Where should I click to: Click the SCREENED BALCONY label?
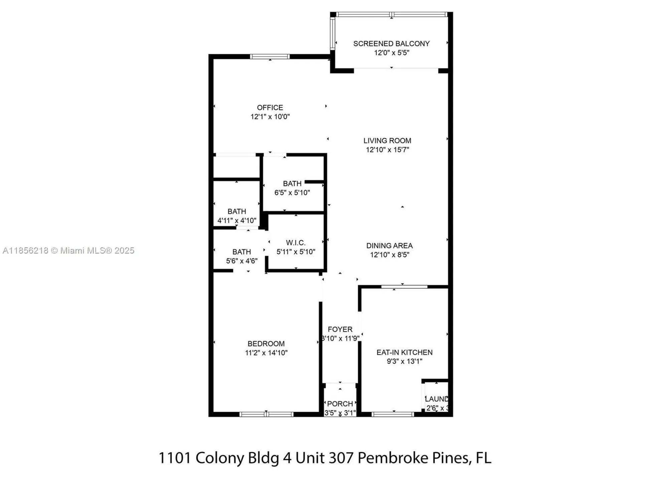391,43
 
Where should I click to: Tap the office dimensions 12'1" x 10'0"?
270,117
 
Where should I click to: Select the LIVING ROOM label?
387,141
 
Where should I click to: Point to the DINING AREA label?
389,245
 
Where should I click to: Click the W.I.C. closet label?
295,242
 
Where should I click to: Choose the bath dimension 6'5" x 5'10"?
292,192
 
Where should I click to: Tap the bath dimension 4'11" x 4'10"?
237,220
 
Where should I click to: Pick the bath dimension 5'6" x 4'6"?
241,261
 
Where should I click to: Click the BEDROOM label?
266,343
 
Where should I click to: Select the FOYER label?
340,329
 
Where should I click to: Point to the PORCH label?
340,404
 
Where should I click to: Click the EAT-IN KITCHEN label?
404,352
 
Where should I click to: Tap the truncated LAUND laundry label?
436,399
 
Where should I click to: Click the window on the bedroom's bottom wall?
266,414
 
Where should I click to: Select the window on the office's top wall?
270,56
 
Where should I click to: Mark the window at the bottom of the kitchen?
392,414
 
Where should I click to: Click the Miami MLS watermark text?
68,251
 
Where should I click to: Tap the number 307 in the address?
341,458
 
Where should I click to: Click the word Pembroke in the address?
393,458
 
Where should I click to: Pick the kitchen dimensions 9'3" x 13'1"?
404,361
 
